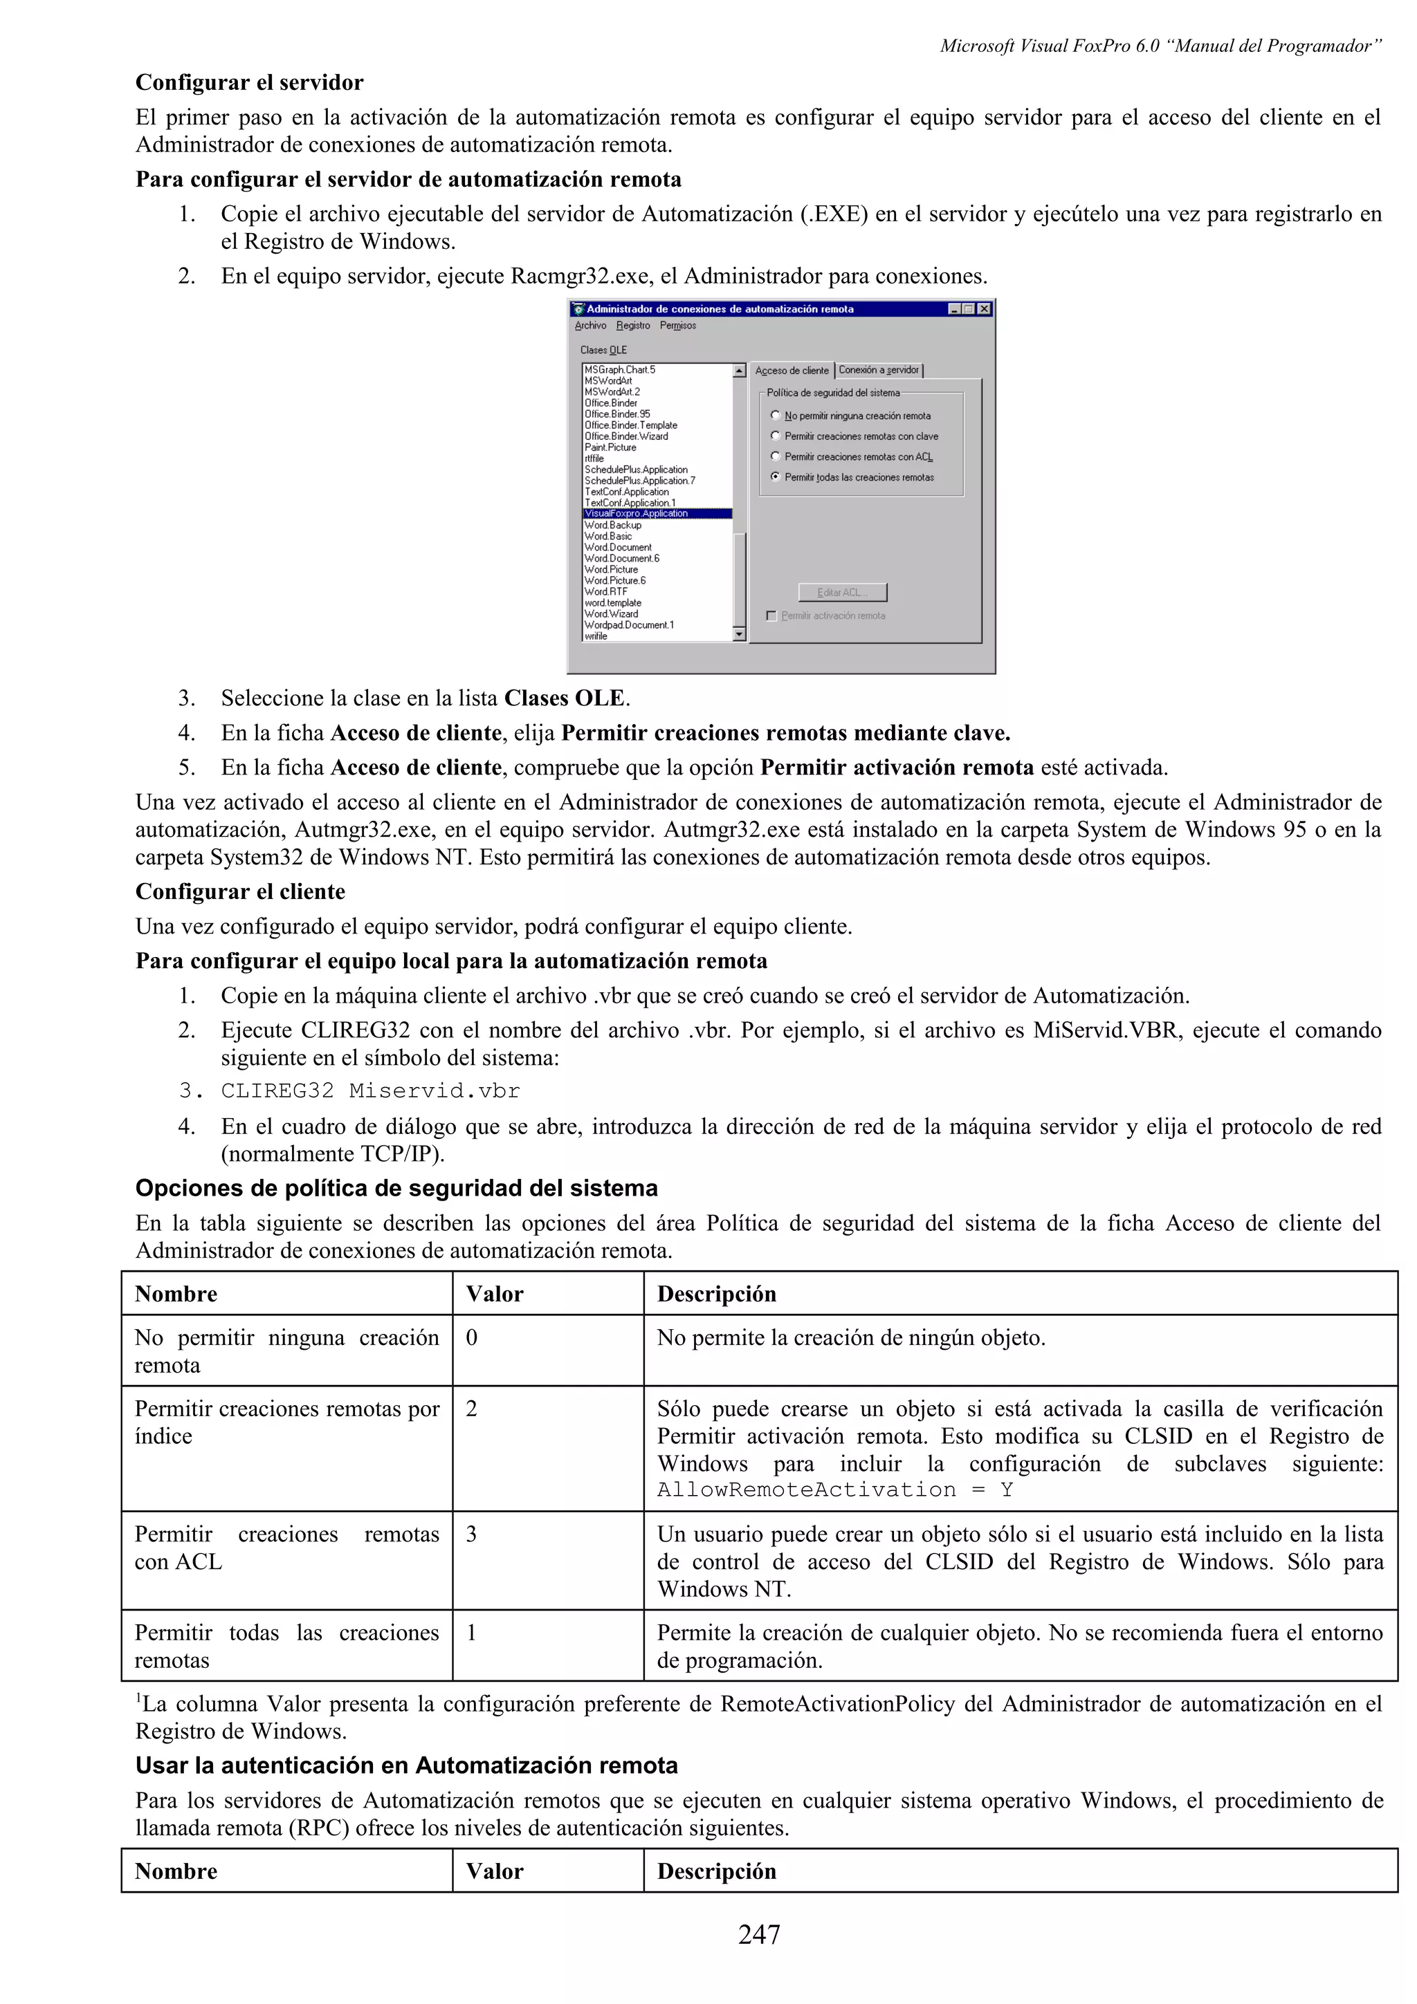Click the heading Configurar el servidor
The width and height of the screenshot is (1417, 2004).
coord(249,83)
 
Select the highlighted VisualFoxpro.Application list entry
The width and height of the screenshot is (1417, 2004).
coord(637,514)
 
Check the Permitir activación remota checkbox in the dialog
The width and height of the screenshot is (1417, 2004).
coord(771,616)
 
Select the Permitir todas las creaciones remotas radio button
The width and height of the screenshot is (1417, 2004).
coord(776,477)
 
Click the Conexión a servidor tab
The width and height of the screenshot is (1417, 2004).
coord(878,370)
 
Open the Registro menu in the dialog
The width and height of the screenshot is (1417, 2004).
coord(633,326)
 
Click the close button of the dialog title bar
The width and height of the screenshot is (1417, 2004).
coord(984,309)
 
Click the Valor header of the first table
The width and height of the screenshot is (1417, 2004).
coord(494,1294)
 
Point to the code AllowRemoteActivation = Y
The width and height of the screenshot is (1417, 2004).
coord(834,1490)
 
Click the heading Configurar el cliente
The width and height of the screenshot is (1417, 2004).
coord(240,891)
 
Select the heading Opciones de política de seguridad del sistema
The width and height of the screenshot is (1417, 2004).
coord(396,1188)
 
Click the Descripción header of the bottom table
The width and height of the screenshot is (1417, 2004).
coord(716,1871)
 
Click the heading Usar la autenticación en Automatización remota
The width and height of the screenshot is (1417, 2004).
coord(406,1765)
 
